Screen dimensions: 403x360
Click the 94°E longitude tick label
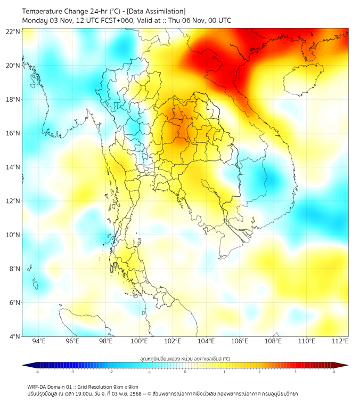[39, 342]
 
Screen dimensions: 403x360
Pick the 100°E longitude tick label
[140, 342]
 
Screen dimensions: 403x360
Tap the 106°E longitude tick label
[240, 342]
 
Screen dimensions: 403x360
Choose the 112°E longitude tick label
[340, 342]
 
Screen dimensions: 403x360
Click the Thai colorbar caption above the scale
[185, 359]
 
